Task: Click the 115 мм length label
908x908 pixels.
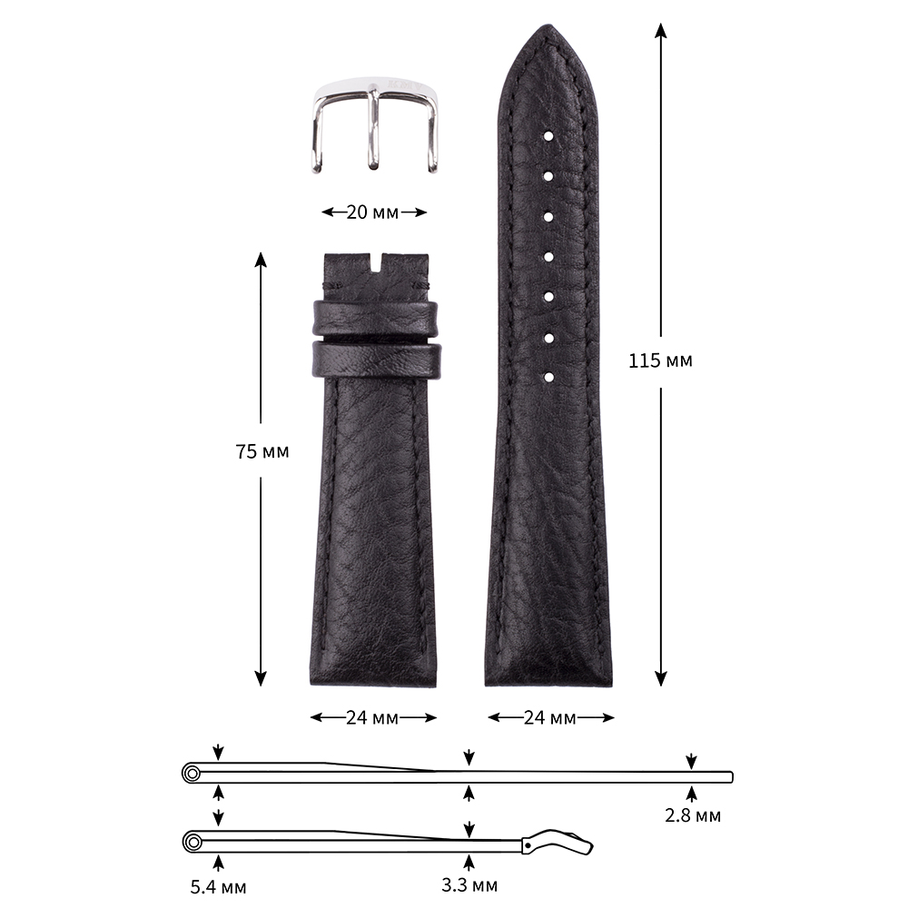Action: [660, 360]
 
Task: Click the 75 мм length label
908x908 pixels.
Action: [262, 451]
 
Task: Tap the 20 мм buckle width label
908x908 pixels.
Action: [372, 212]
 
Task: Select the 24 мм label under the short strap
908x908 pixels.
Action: [372, 718]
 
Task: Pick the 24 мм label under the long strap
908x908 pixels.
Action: [550, 718]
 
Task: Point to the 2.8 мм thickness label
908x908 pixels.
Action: [693, 815]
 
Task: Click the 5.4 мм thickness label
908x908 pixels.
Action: [218, 886]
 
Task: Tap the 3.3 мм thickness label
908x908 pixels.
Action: [469, 884]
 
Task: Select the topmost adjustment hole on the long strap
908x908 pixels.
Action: [548, 137]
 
